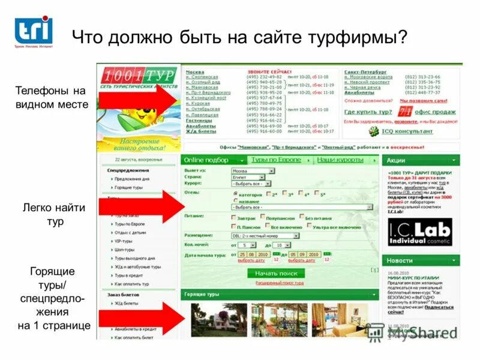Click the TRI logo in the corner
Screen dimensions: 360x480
pyautogui.click(x=34, y=29)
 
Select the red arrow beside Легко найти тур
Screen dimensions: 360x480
pyautogui.click(x=141, y=207)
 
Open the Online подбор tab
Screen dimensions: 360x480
pyautogui.click(x=207, y=160)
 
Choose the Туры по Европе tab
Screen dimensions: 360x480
pyautogui.click(x=277, y=160)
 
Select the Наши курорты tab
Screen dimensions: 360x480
pyautogui.click(x=340, y=160)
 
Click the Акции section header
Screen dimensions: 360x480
pyautogui.click(x=397, y=161)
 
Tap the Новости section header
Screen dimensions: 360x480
pyautogui.click(x=400, y=261)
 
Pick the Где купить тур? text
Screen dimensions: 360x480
pyautogui.click(x=368, y=112)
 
